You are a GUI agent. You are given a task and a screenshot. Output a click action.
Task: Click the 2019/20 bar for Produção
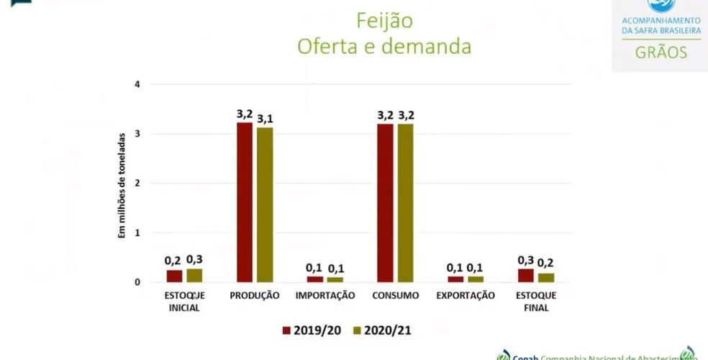coord(245,202)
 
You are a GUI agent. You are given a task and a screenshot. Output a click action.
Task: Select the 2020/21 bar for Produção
coord(265,204)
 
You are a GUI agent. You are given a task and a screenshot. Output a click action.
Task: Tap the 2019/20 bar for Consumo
coord(385,203)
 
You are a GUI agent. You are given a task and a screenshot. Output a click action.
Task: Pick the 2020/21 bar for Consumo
coord(406,203)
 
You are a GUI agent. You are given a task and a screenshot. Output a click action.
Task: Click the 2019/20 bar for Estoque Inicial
coord(174,276)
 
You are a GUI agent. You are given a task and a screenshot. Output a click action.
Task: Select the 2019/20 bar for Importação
coord(314,279)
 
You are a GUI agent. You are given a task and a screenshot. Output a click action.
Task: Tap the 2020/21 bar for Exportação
coord(476,279)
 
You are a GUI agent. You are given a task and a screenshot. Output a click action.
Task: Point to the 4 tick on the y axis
coord(137,84)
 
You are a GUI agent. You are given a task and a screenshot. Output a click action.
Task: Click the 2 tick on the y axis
coord(137,184)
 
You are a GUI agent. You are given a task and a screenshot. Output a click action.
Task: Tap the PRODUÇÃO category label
coord(254,295)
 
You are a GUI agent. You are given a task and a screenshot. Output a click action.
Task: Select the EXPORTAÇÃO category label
coord(466,295)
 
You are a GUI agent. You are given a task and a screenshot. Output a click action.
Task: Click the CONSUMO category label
coord(395,295)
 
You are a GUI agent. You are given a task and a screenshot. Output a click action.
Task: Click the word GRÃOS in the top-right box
coord(661,53)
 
